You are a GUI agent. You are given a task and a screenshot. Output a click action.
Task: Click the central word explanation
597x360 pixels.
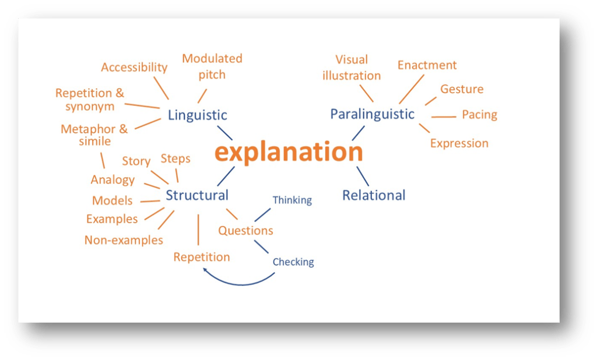tap(289, 153)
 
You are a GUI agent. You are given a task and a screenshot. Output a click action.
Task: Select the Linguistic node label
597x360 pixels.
tap(197, 115)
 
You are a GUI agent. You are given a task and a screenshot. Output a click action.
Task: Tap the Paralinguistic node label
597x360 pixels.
tap(372, 114)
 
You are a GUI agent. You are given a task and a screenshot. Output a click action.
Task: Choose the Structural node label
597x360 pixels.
tap(197, 195)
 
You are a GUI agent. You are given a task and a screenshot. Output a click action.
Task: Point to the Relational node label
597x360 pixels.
tap(374, 195)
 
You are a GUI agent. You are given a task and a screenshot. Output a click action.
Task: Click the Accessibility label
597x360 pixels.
tap(134, 68)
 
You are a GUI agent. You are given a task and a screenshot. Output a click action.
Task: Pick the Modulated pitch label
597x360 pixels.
tap(212, 66)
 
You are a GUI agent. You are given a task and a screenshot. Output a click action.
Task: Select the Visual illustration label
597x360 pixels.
tap(352, 68)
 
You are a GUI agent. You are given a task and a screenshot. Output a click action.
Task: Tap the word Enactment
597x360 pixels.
tap(427, 65)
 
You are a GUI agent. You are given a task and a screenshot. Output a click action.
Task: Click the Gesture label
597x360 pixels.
tap(462, 89)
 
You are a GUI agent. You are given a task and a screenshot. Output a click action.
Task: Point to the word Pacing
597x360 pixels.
tap(479, 115)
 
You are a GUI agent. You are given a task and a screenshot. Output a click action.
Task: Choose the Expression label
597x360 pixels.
tap(459, 143)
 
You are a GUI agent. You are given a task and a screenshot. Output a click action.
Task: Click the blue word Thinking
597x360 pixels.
tap(292, 200)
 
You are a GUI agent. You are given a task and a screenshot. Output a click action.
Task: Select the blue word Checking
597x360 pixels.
tap(293, 262)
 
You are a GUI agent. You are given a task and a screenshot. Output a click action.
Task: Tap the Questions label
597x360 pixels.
tap(245, 231)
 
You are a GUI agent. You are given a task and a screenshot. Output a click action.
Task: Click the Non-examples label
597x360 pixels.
tap(124, 240)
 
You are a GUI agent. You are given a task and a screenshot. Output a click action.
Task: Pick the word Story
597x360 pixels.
tap(136, 161)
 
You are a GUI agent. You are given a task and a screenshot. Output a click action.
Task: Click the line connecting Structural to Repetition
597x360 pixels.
tap(198, 230)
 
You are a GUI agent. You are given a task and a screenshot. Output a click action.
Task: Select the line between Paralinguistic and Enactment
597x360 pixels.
tap(411, 89)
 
